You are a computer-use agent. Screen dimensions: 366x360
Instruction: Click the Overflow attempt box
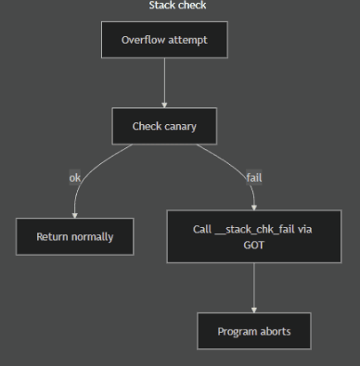164,40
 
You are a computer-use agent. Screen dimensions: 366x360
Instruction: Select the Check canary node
164,126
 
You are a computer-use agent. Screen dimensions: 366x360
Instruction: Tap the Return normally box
75,236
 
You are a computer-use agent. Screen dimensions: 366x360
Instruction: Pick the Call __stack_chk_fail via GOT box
253,236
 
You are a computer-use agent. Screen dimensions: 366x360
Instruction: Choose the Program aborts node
253,331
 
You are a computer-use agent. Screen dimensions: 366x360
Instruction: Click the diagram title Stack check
177,6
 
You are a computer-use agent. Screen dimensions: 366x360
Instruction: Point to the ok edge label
75,177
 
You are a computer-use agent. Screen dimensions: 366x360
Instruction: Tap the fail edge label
253,177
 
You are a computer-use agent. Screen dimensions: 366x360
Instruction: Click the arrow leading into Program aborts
253,287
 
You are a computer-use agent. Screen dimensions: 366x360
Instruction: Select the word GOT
253,246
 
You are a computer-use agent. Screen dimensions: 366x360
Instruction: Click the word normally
93,236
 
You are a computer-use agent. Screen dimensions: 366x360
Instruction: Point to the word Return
53,236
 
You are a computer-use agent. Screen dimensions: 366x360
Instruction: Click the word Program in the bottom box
237,331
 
